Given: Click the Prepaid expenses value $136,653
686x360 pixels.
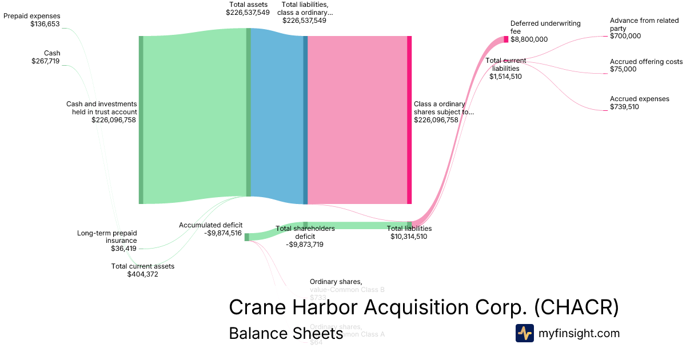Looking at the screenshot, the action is click(x=45, y=24).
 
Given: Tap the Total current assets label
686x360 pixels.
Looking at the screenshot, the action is click(x=142, y=266).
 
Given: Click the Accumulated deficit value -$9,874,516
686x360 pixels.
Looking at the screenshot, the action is click(x=223, y=233).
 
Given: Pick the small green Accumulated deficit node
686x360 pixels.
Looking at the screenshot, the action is click(x=247, y=237).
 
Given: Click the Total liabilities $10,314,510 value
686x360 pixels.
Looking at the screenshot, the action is click(x=409, y=236).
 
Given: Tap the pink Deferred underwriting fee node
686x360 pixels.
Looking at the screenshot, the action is click(x=506, y=39).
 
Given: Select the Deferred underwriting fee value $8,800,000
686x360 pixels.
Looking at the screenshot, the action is click(x=529, y=39).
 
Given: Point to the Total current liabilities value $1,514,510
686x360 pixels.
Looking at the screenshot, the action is click(x=505, y=77).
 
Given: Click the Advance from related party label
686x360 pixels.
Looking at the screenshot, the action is click(x=644, y=24).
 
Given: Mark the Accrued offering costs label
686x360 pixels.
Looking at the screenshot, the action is click(x=646, y=62).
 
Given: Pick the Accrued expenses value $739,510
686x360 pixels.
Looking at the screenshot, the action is click(x=624, y=107).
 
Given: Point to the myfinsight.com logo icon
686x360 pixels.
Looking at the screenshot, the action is click(x=525, y=333).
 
